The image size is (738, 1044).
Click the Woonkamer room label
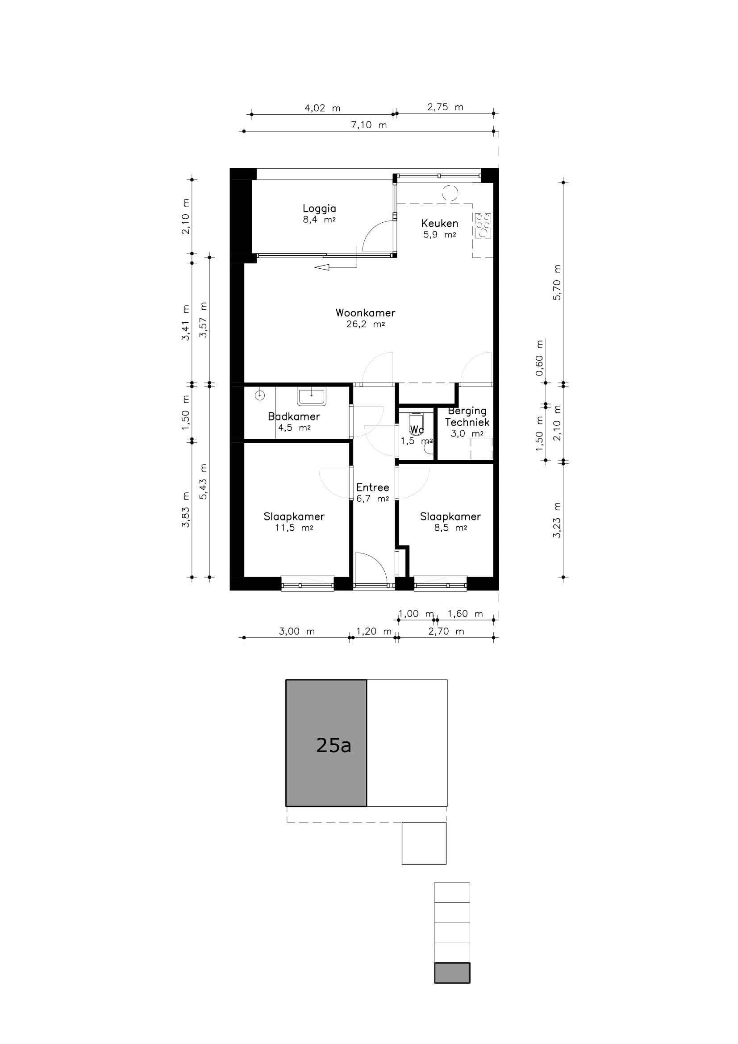point(365,313)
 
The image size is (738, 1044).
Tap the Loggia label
point(319,209)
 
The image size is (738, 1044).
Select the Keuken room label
point(439,223)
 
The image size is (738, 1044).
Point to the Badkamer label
point(294,416)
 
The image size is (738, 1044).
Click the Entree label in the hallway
point(372,487)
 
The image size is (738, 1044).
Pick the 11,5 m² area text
point(294,528)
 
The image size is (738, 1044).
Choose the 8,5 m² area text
point(450,528)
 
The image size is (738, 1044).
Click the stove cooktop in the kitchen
point(482,226)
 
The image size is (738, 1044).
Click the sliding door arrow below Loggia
point(336,267)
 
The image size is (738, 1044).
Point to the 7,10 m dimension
point(369,125)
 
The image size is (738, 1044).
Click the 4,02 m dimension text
point(322,108)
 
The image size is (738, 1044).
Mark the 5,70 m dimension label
point(557,282)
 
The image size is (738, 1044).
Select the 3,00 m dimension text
point(296,631)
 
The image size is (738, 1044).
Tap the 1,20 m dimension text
point(374,631)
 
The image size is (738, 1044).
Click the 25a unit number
point(334,745)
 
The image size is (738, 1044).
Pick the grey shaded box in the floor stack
point(452,973)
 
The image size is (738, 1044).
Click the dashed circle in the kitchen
point(450,193)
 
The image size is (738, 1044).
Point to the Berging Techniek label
point(467,417)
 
